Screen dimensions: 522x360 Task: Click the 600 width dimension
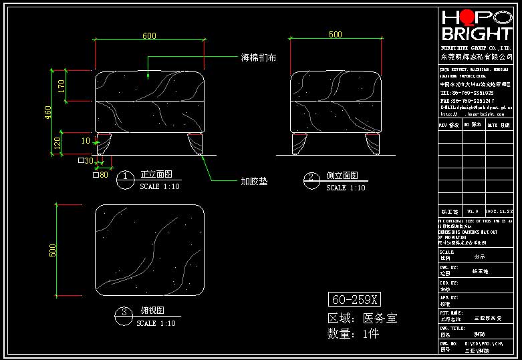coord(149,35)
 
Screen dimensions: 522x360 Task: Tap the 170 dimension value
coord(61,85)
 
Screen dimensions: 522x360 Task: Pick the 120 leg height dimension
coord(57,142)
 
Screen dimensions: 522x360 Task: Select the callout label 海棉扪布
coord(259,58)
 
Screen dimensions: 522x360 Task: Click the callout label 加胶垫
coord(254,181)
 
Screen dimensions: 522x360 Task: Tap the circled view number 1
coord(125,177)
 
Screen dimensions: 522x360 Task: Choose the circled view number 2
coord(311,178)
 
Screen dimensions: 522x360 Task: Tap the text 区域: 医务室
coord(362,318)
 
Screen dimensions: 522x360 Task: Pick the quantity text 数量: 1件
coord(354,334)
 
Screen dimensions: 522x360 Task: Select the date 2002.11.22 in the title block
coord(498,210)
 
